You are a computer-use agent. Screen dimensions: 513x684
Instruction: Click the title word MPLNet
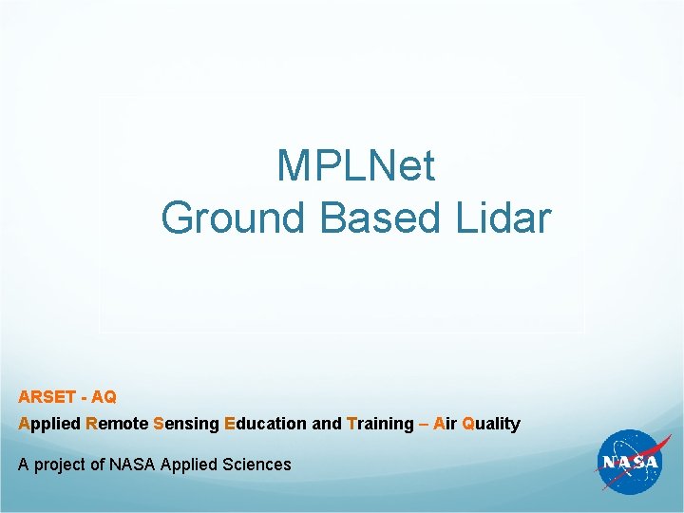point(356,166)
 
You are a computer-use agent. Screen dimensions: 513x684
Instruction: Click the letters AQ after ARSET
point(104,396)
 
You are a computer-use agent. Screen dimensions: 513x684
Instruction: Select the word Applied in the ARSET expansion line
point(49,424)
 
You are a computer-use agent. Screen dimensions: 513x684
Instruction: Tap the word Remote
point(117,424)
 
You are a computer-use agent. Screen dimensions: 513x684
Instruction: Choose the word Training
point(381,424)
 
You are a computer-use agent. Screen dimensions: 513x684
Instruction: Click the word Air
point(445,424)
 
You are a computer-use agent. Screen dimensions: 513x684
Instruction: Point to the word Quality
point(491,424)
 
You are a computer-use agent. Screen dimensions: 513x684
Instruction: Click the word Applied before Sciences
point(190,465)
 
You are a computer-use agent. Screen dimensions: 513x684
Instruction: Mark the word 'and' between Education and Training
point(327,424)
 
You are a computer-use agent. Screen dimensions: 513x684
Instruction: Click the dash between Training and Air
point(424,424)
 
